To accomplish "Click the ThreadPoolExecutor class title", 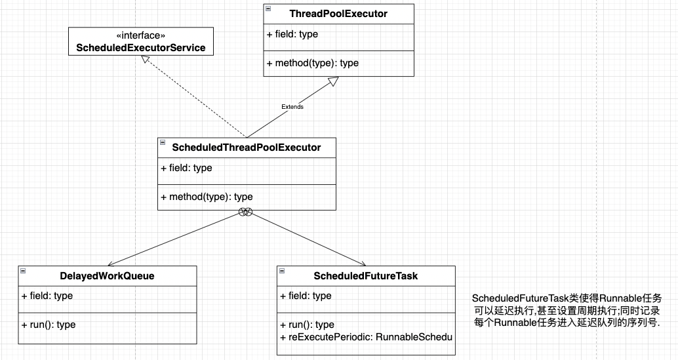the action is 338,14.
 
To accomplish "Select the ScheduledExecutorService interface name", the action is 141,47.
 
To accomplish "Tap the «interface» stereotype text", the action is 141,35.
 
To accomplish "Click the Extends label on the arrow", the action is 292,107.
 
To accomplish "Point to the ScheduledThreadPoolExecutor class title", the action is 247,148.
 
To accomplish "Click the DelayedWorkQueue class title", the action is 108,275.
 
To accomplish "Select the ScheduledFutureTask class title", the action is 366,275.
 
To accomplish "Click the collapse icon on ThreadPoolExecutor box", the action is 268,9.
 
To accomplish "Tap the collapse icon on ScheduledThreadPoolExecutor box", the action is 163,142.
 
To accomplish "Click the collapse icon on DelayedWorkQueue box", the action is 23,271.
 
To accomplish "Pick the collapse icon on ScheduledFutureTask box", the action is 282,271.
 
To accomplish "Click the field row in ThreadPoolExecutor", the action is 292,34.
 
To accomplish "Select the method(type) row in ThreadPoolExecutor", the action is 313,63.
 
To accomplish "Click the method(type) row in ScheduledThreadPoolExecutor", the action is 207,197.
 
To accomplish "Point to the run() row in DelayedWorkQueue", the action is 49,325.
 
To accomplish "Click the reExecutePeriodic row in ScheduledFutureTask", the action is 367,337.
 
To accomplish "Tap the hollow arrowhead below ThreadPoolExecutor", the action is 332,81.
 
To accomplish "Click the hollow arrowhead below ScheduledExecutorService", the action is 146,60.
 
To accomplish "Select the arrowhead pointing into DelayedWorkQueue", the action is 111,264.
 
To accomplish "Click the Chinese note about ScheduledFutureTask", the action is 567,310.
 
